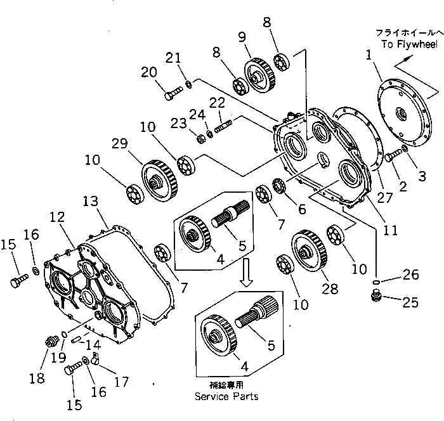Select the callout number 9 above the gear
pos(241,37)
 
